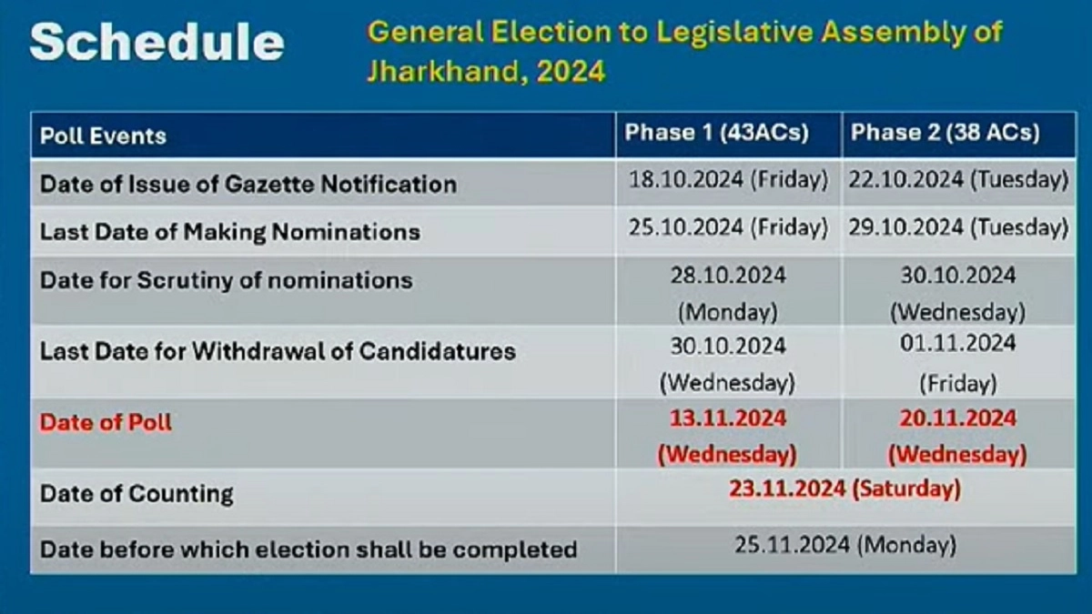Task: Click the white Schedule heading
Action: coord(157,42)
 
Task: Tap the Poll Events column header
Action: coord(104,136)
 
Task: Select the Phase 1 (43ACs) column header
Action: coord(717,133)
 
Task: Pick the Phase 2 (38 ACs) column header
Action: coord(945,133)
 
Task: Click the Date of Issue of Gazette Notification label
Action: coord(248,184)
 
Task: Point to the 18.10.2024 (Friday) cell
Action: coord(728,180)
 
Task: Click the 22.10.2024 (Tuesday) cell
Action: coord(958,180)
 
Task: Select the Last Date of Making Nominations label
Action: coord(230,231)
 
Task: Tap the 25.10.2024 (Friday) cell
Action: coord(728,227)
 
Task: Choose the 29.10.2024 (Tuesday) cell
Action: coord(958,227)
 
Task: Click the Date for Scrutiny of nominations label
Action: coord(227,280)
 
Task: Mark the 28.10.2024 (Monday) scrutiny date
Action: coord(728,294)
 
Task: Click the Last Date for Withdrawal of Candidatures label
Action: coord(278,351)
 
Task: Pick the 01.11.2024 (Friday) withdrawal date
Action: coord(958,364)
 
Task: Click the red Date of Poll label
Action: coord(106,422)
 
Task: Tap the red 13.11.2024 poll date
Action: coord(728,418)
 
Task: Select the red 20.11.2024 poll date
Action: coord(958,418)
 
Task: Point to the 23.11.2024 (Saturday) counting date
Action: coord(844,488)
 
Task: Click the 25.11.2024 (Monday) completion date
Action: coord(845,545)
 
